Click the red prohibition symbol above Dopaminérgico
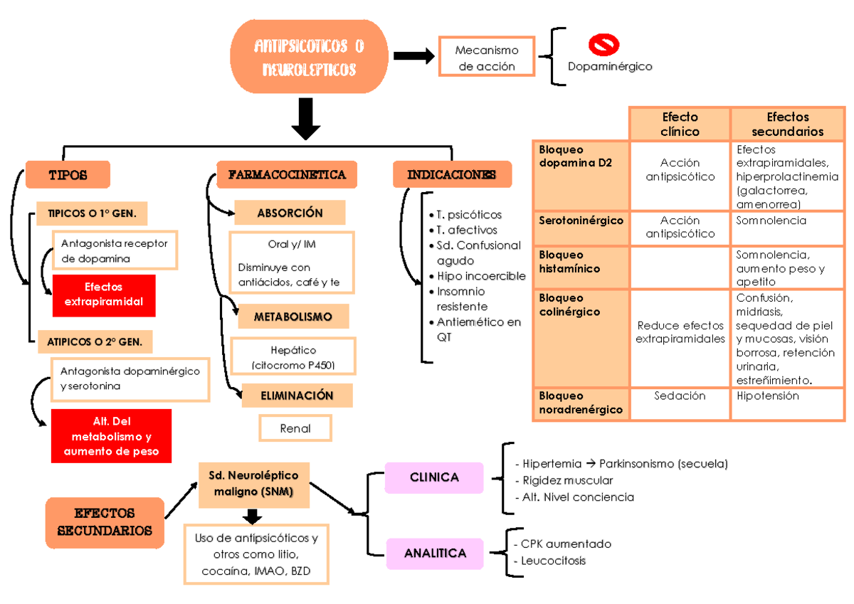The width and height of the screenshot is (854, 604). click(603, 45)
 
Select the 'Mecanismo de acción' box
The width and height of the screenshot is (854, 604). click(487, 58)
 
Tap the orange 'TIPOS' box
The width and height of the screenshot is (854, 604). click(68, 174)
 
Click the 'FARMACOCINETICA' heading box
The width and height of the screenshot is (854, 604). click(287, 174)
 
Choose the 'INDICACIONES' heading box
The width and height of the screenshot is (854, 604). click(452, 174)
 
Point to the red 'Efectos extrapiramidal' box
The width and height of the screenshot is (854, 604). click(104, 295)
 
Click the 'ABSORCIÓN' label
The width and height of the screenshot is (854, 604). click(290, 213)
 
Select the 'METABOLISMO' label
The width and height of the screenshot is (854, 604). click(293, 317)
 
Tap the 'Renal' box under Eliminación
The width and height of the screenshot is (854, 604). click(295, 428)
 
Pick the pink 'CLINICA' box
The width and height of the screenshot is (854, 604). click(434, 477)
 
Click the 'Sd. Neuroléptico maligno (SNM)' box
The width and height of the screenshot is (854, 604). click(254, 484)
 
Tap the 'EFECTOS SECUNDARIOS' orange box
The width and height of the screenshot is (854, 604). click(105, 521)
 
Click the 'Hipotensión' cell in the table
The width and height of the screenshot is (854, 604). click(768, 396)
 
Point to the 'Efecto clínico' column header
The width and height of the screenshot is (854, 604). click(680, 124)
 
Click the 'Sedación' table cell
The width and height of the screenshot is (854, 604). click(680, 396)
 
